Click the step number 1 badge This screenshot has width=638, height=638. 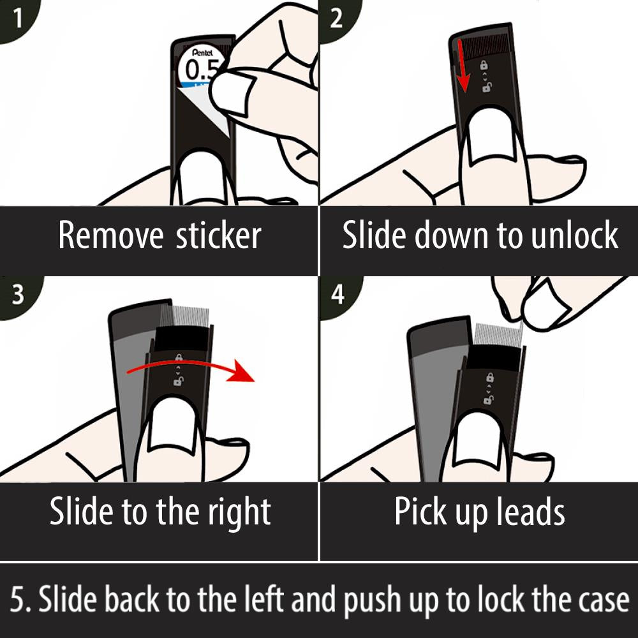click(x=17, y=19)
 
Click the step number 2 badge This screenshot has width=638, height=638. click(x=337, y=19)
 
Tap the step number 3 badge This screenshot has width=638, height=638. click(x=18, y=294)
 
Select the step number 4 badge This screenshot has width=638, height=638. click(x=338, y=294)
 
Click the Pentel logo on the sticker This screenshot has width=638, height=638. click(x=202, y=53)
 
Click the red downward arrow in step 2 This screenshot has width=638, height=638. click(x=462, y=66)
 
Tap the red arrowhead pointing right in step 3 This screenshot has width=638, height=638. click(x=241, y=371)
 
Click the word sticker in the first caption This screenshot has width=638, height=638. click(x=218, y=235)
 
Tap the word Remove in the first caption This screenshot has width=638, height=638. click(x=110, y=235)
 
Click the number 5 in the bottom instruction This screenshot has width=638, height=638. click(x=17, y=598)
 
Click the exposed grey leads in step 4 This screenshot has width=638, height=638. click(x=498, y=334)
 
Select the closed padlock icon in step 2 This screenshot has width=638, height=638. click(x=484, y=65)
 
